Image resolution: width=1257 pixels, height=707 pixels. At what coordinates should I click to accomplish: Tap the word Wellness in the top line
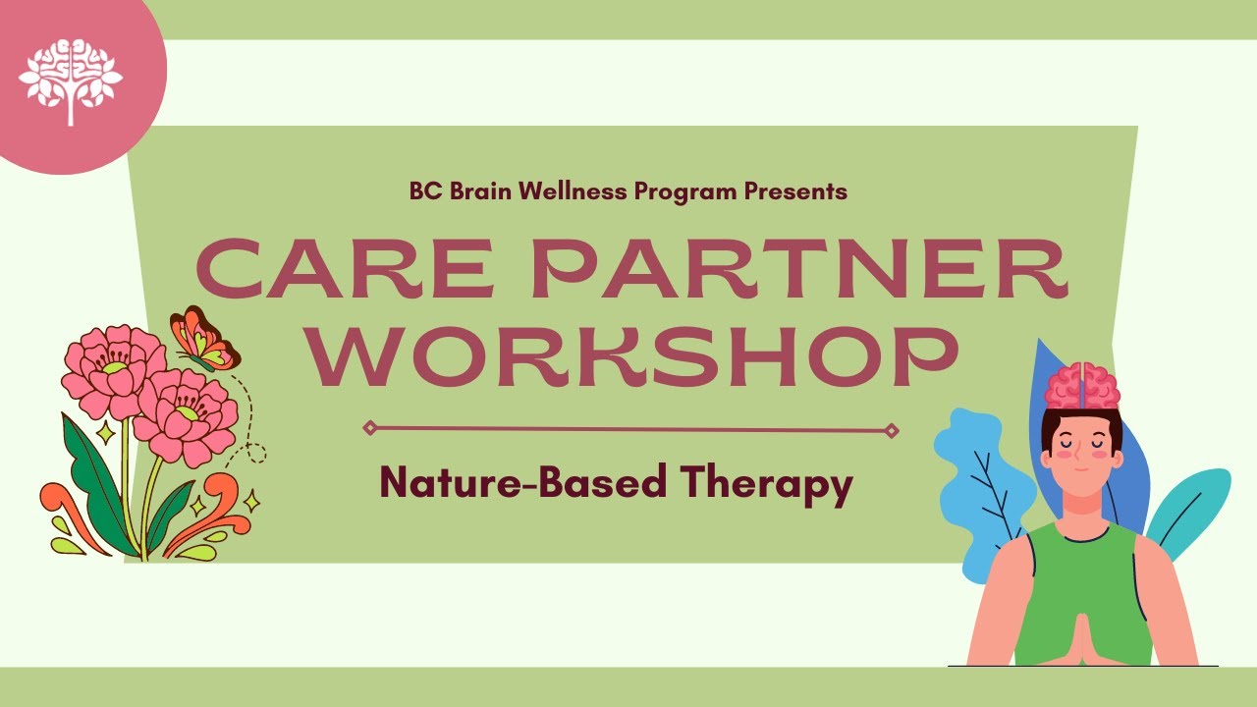pos(576,191)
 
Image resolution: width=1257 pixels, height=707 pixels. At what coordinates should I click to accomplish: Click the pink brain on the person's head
pos(1082,386)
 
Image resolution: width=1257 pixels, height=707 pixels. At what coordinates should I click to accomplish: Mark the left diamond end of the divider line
pos(369,427)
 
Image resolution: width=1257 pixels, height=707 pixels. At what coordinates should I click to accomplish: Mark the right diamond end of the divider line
pos(892,429)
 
